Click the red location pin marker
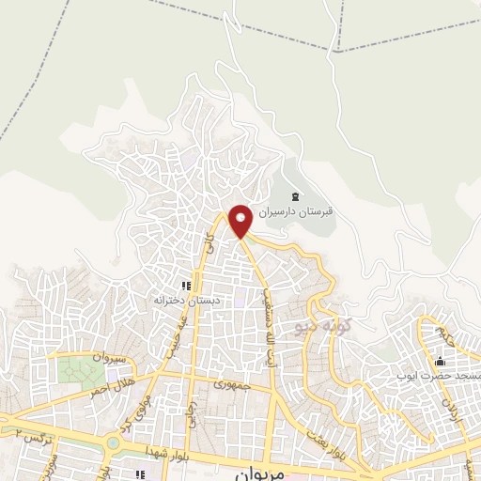coord(240,220)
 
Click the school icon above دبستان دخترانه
coord(186,286)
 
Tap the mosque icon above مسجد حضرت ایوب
coord(439,362)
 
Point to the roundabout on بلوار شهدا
coord(113,442)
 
